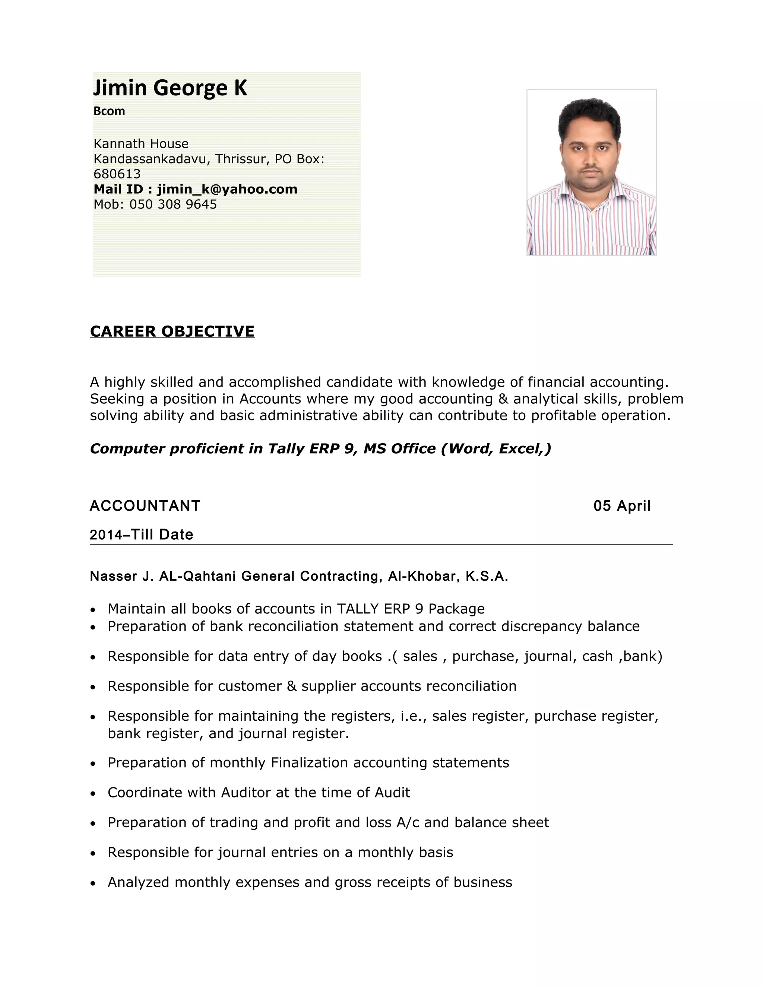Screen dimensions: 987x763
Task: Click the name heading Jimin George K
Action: coord(170,88)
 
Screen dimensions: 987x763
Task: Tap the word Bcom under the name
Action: coord(109,111)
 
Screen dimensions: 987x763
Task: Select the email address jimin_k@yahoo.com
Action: coord(227,189)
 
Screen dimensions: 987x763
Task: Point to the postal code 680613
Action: coord(117,174)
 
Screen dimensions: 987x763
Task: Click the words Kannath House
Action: coord(140,144)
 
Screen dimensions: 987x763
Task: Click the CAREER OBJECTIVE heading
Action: coord(172,331)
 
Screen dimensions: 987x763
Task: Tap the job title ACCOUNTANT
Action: coord(145,506)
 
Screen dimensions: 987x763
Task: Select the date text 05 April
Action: coord(621,506)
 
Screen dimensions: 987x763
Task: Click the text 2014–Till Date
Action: coord(141,534)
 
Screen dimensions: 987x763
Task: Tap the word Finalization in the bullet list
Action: coord(309,763)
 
